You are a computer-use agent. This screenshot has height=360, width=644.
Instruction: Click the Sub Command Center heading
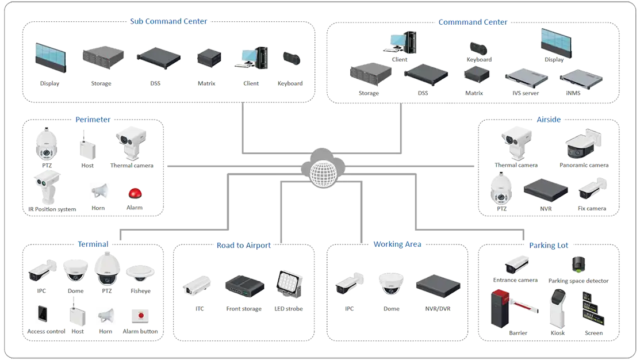(x=168, y=22)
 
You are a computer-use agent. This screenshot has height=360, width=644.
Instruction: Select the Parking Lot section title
(x=549, y=246)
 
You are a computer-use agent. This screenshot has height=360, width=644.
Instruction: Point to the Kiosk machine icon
(x=558, y=310)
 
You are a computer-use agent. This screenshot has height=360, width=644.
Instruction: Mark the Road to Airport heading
(x=244, y=246)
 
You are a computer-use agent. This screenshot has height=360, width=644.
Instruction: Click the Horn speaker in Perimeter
(x=99, y=191)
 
